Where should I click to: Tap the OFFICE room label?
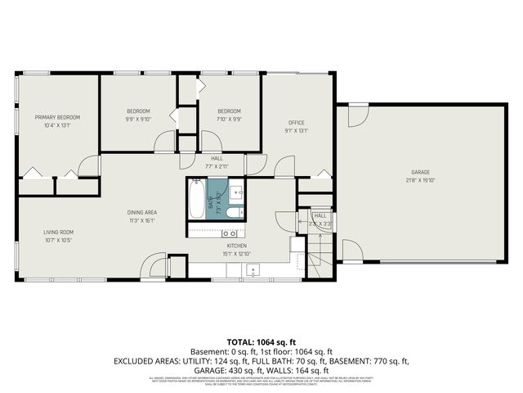pyautogui.click(x=295, y=122)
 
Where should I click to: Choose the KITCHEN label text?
pyautogui.click(x=236, y=245)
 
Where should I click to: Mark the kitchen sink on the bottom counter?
pyautogui.click(x=254, y=269)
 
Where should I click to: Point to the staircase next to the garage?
pyautogui.click(x=324, y=247)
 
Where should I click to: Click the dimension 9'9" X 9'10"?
pyautogui.click(x=138, y=119)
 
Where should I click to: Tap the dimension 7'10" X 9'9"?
pyautogui.click(x=229, y=119)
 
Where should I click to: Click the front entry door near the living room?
pyautogui.click(x=152, y=266)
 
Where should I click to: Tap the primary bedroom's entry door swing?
pyautogui.click(x=89, y=165)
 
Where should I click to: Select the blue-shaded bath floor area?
pyautogui.click(x=216, y=196)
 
